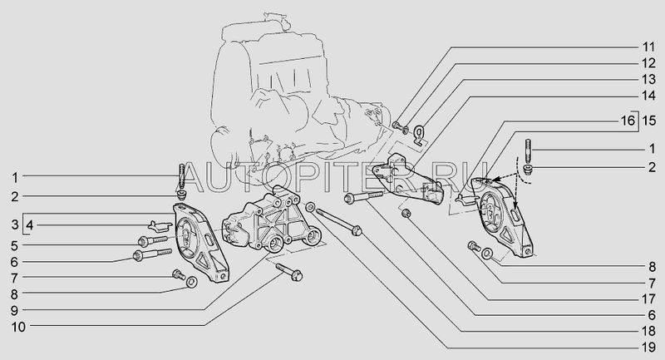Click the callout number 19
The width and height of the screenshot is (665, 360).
[x=648, y=348]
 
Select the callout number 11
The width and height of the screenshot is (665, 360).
[x=648, y=47]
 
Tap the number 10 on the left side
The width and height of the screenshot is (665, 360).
[x=18, y=327]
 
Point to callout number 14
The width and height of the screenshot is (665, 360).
[x=648, y=96]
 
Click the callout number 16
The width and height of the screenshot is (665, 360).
[x=628, y=121]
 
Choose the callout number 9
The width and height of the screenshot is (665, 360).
[x=15, y=311]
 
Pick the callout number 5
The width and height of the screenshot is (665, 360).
[x=15, y=245]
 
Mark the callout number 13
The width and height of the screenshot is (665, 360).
[x=648, y=79]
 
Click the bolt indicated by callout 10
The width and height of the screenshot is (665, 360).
[x=289, y=272]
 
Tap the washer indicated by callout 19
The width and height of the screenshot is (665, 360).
[x=310, y=208]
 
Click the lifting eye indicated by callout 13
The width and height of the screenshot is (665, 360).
[x=420, y=135]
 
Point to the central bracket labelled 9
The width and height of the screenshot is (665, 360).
[x=272, y=220]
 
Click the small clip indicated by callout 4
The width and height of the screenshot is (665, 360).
[x=160, y=225]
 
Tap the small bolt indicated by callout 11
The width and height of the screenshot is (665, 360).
[x=397, y=125]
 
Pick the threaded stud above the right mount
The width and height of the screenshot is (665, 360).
[x=529, y=150]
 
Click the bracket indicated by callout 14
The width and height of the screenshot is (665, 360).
[x=408, y=177]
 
